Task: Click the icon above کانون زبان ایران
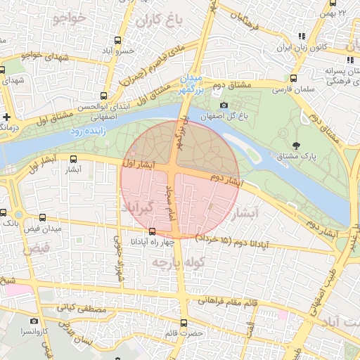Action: (x=301, y=37)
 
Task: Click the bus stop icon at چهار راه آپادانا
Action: (x=153, y=231)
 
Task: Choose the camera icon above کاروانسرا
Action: (x=34, y=321)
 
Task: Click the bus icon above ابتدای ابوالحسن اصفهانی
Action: (x=103, y=95)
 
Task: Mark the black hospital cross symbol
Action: (x=6, y=117)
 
